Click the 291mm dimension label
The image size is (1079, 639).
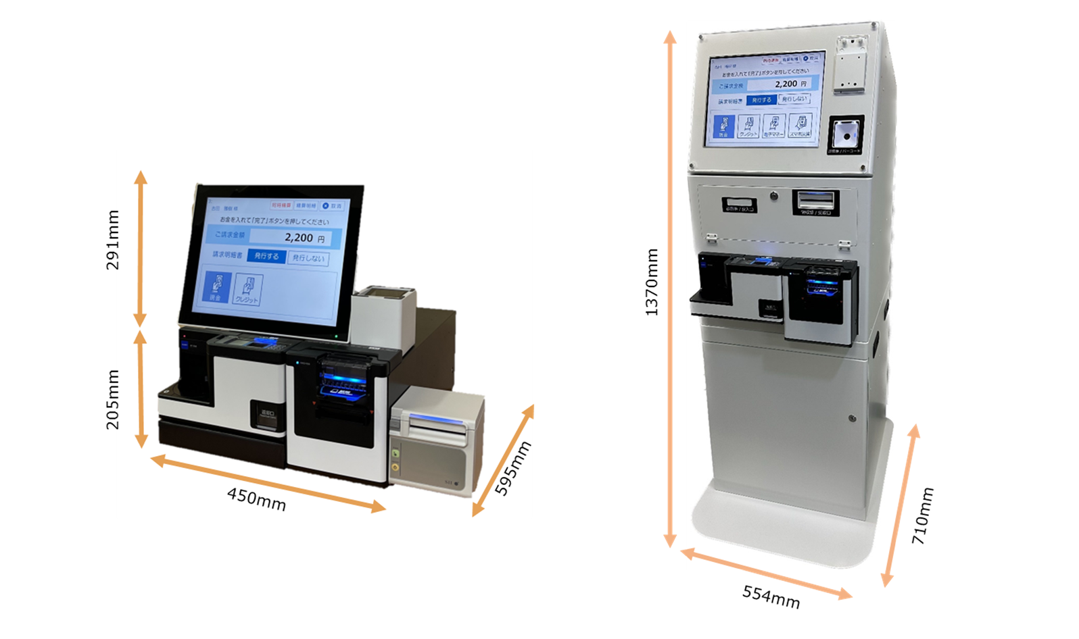tap(113, 240)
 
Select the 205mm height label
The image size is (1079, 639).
tap(113, 399)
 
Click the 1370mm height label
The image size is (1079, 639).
tap(651, 282)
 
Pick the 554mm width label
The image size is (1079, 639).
tap(771, 596)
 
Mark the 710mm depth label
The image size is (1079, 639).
tap(923, 516)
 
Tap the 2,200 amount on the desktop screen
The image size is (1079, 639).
tap(299, 238)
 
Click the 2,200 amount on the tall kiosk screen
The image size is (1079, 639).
tap(786, 84)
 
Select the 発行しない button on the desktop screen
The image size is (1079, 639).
tap(308, 258)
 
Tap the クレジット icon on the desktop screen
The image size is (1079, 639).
tap(247, 290)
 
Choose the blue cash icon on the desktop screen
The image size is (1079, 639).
tap(216, 287)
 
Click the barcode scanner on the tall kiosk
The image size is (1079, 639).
tap(845, 133)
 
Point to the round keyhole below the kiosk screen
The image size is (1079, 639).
tap(774, 197)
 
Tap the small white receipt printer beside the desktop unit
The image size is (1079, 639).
tap(437, 442)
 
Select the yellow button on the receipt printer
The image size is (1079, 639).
tap(395, 467)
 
